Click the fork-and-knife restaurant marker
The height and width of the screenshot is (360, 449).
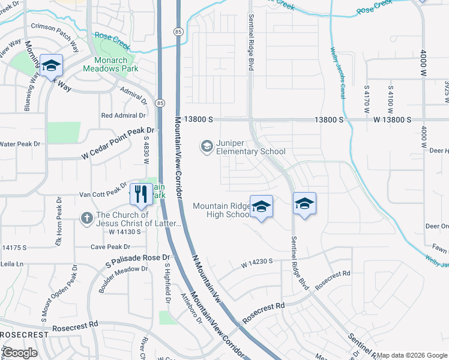[141, 194]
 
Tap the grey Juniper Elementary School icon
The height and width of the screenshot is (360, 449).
[207, 146]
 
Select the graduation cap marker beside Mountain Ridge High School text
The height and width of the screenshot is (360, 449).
[261, 207]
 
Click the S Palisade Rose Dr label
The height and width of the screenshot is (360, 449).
[137, 260]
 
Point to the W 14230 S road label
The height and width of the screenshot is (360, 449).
[257, 262]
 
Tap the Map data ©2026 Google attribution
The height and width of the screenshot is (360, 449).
[412, 355]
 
